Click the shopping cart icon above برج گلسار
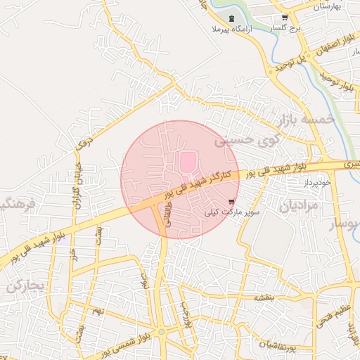(x=284, y=18)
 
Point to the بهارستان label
(x=326, y=6)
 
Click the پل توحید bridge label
(x=291, y=63)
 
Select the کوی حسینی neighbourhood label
(x=245, y=141)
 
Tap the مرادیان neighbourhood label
(x=299, y=206)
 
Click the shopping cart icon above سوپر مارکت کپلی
(x=232, y=201)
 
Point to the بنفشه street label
(x=263, y=297)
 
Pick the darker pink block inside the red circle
(x=187, y=162)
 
